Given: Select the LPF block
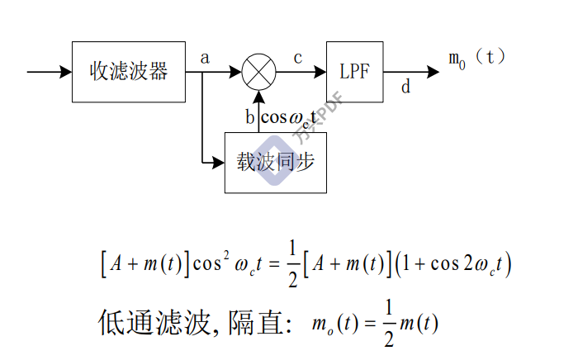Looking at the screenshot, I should pos(354,72).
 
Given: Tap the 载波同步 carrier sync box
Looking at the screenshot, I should pos(270,162).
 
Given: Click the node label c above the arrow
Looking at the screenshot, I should pos(298,57).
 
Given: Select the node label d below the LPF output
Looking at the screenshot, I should pos(405,86).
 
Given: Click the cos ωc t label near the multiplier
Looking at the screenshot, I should pos(289,117).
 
